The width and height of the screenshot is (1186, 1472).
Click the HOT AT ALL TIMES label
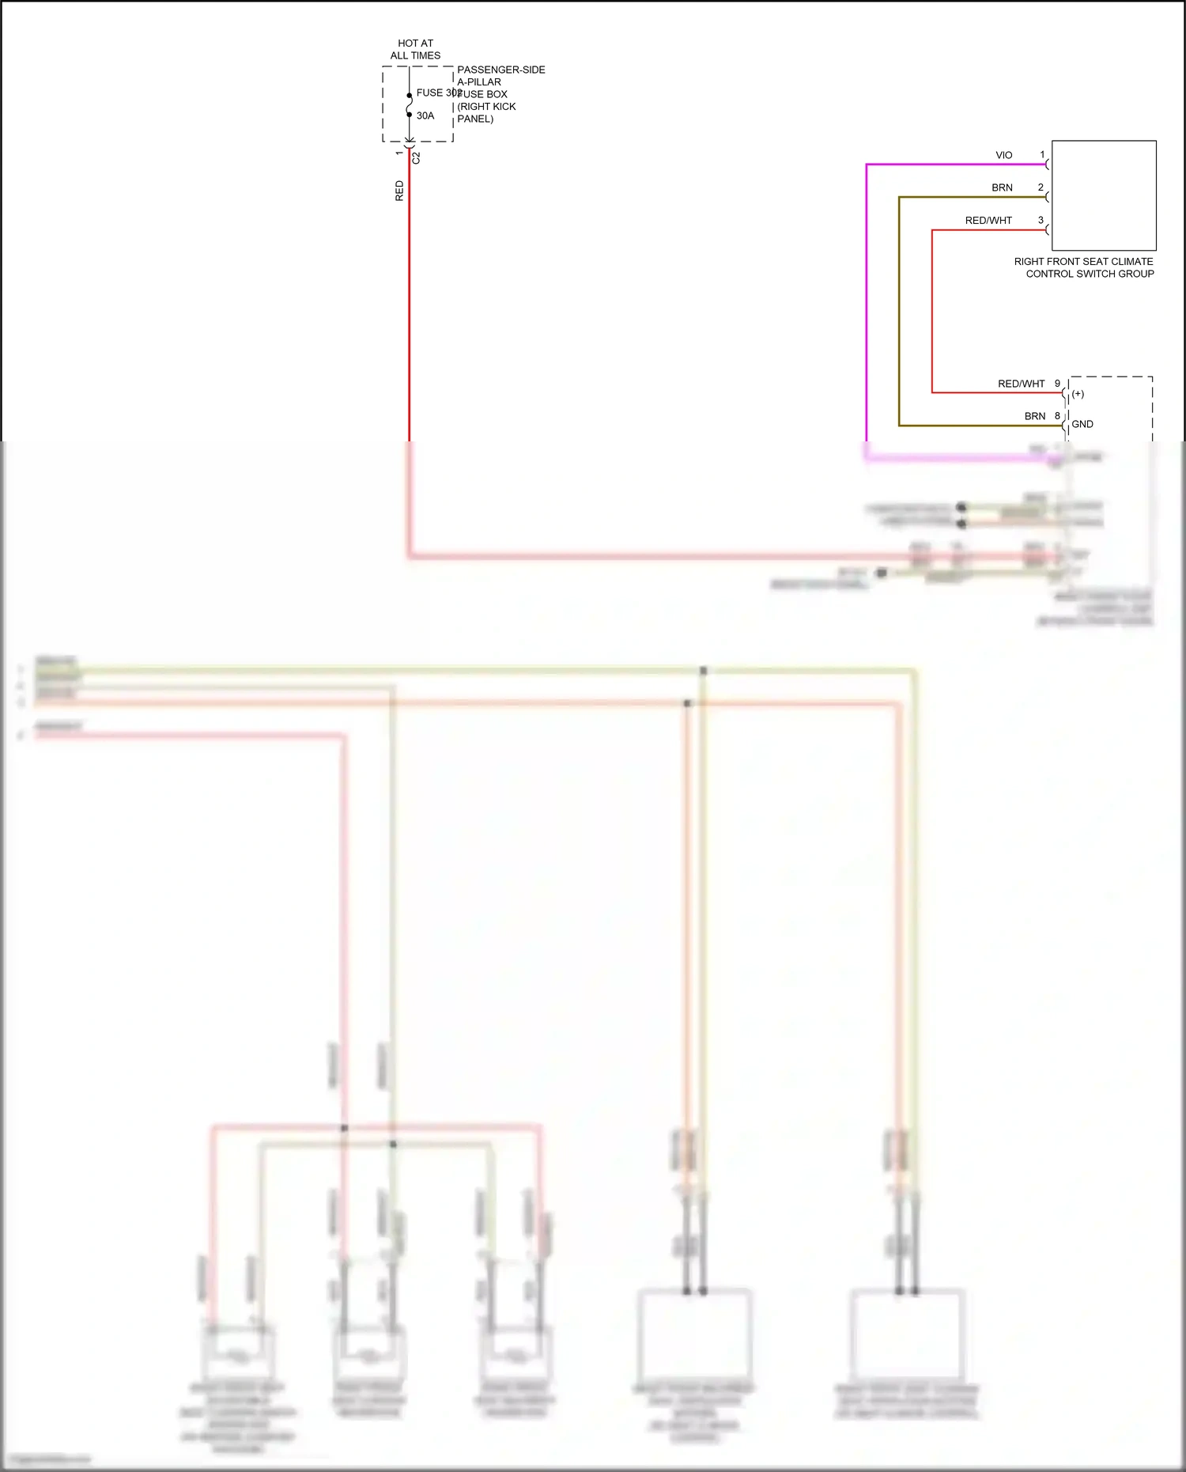click(415, 49)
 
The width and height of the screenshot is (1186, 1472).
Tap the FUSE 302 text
click(438, 93)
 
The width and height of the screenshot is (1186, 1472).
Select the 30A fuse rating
click(425, 115)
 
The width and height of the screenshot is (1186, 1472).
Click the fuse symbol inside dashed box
click(410, 105)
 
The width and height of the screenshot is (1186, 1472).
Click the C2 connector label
click(417, 157)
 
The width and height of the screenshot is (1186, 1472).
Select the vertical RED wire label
click(399, 191)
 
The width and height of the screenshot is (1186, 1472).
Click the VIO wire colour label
click(1003, 155)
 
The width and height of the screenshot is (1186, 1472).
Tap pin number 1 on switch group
click(1042, 154)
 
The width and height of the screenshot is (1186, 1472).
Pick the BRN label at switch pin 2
click(1002, 187)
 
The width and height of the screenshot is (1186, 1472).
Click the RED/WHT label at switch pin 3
click(988, 221)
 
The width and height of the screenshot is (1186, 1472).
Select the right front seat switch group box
click(1104, 195)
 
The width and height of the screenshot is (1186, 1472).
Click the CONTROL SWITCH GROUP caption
click(1090, 274)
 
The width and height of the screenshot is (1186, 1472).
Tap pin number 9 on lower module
click(1057, 384)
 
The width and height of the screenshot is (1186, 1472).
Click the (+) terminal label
click(1078, 394)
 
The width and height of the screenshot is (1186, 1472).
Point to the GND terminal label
click(1082, 424)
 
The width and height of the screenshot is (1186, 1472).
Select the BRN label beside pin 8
click(1035, 416)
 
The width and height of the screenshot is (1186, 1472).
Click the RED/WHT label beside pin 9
click(1021, 384)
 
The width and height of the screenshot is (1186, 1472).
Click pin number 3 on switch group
click(1041, 220)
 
